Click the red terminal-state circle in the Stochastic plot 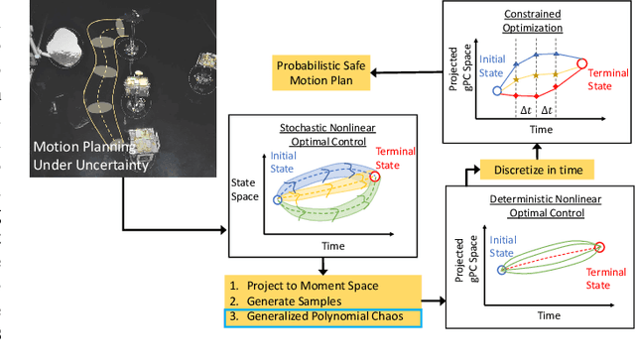point(373,178)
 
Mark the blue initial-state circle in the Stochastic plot point(277,199)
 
